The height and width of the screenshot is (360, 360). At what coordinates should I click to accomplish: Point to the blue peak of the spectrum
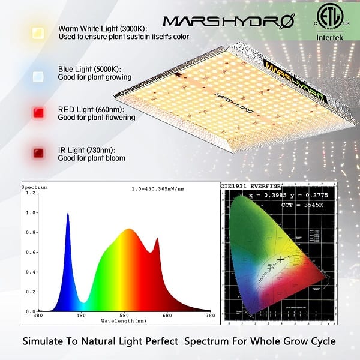point(67,214)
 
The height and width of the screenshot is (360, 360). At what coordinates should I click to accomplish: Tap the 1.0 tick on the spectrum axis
point(27,212)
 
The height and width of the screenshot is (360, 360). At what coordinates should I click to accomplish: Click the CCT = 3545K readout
point(302,205)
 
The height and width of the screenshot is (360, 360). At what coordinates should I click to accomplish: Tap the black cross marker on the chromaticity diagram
point(281,259)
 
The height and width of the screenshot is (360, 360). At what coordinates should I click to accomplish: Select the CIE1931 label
point(236,187)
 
